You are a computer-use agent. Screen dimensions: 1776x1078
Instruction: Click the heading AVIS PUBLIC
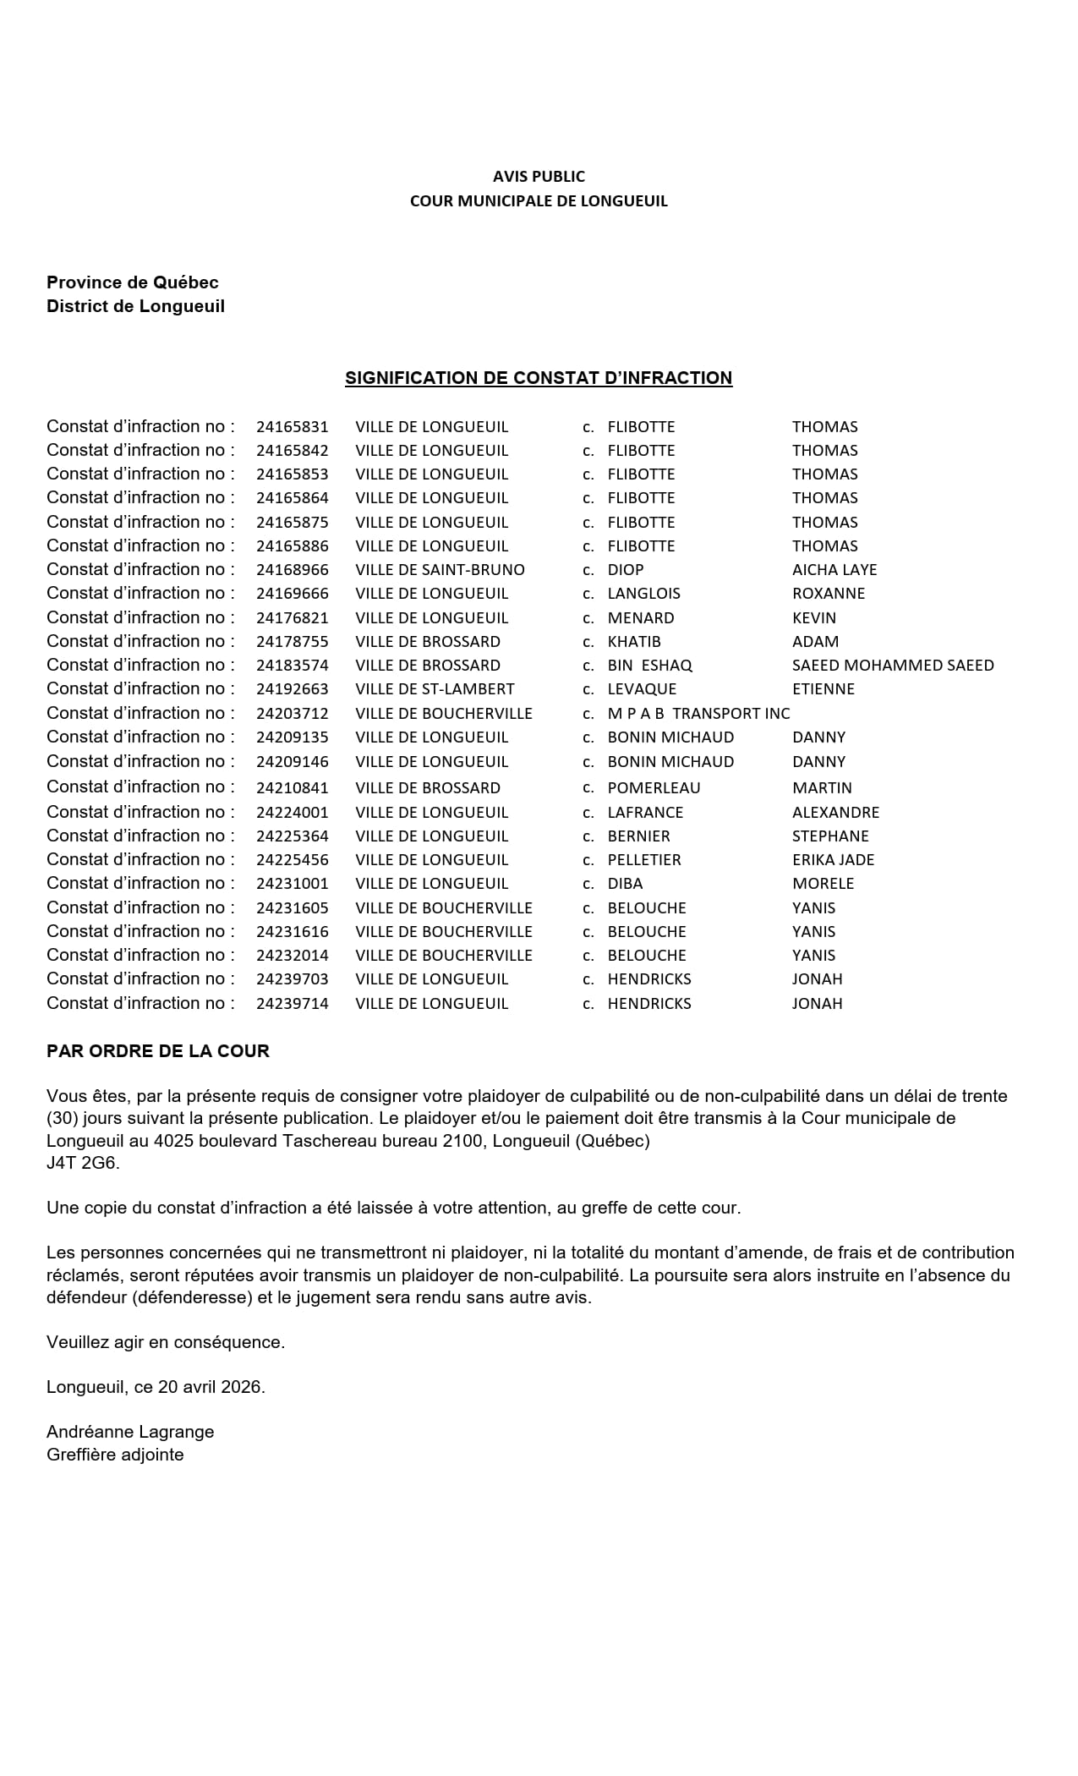[x=539, y=176]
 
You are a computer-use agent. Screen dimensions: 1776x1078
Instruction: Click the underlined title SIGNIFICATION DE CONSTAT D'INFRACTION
[x=538, y=378]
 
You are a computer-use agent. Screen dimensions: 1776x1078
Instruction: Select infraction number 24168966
[x=292, y=570]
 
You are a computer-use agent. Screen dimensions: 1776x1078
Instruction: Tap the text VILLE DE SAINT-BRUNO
[x=440, y=570]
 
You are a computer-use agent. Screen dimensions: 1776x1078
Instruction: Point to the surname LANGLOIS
[x=643, y=594]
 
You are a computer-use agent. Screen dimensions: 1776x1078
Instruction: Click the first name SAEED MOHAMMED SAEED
[x=893, y=666]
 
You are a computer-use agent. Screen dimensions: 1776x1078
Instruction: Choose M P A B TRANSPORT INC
[x=698, y=714]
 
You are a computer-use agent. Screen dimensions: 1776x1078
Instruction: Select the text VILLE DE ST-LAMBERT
[x=435, y=689]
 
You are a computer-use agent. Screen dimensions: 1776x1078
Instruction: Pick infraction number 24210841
[x=292, y=788]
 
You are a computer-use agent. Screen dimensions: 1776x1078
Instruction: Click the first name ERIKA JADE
[x=833, y=860]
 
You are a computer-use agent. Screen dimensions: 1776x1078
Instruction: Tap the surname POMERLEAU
[x=654, y=788]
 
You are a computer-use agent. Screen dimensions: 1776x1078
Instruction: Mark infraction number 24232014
[x=292, y=956]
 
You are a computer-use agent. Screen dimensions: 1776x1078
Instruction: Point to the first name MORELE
[x=823, y=884]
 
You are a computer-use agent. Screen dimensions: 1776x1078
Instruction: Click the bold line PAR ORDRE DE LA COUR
[x=158, y=1051]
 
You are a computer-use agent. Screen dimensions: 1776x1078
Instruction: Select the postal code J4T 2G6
[x=83, y=1163]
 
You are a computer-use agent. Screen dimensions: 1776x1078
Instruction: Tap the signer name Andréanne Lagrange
[x=130, y=1432]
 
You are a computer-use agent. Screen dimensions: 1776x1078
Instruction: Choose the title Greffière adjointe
[x=115, y=1455]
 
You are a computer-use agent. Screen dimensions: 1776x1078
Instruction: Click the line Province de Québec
[x=133, y=282]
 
